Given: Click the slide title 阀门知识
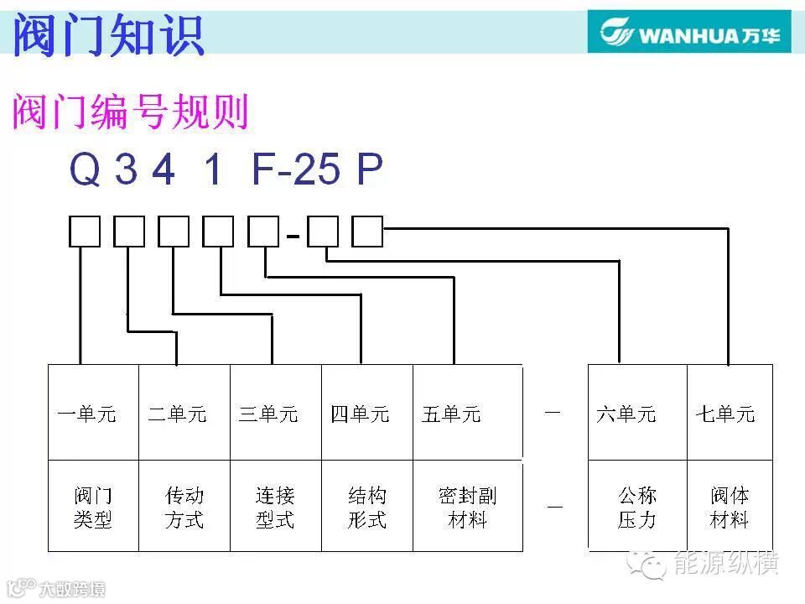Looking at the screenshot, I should pyautogui.click(x=109, y=35).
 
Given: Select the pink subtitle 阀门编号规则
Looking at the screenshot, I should pyautogui.click(x=130, y=112).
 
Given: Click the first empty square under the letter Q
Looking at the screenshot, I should pyautogui.click(x=84, y=232).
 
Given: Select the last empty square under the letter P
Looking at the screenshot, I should pyautogui.click(x=367, y=232).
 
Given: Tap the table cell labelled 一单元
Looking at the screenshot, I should pyautogui.click(x=87, y=414).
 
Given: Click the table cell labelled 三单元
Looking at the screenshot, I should pyautogui.click(x=268, y=414).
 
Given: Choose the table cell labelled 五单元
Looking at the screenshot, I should pyautogui.click(x=451, y=414).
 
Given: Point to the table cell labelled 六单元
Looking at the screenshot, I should pyautogui.click(x=626, y=414).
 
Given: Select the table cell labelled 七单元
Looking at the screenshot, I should pyautogui.click(x=725, y=414).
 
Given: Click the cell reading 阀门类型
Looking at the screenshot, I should pyautogui.click(x=92, y=508).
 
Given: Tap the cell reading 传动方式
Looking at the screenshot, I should pyautogui.click(x=184, y=508).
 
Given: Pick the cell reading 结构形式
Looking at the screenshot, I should pyautogui.click(x=367, y=508).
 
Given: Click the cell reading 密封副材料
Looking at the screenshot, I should pyautogui.click(x=467, y=508).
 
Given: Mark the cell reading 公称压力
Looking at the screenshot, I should pyautogui.click(x=637, y=508).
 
